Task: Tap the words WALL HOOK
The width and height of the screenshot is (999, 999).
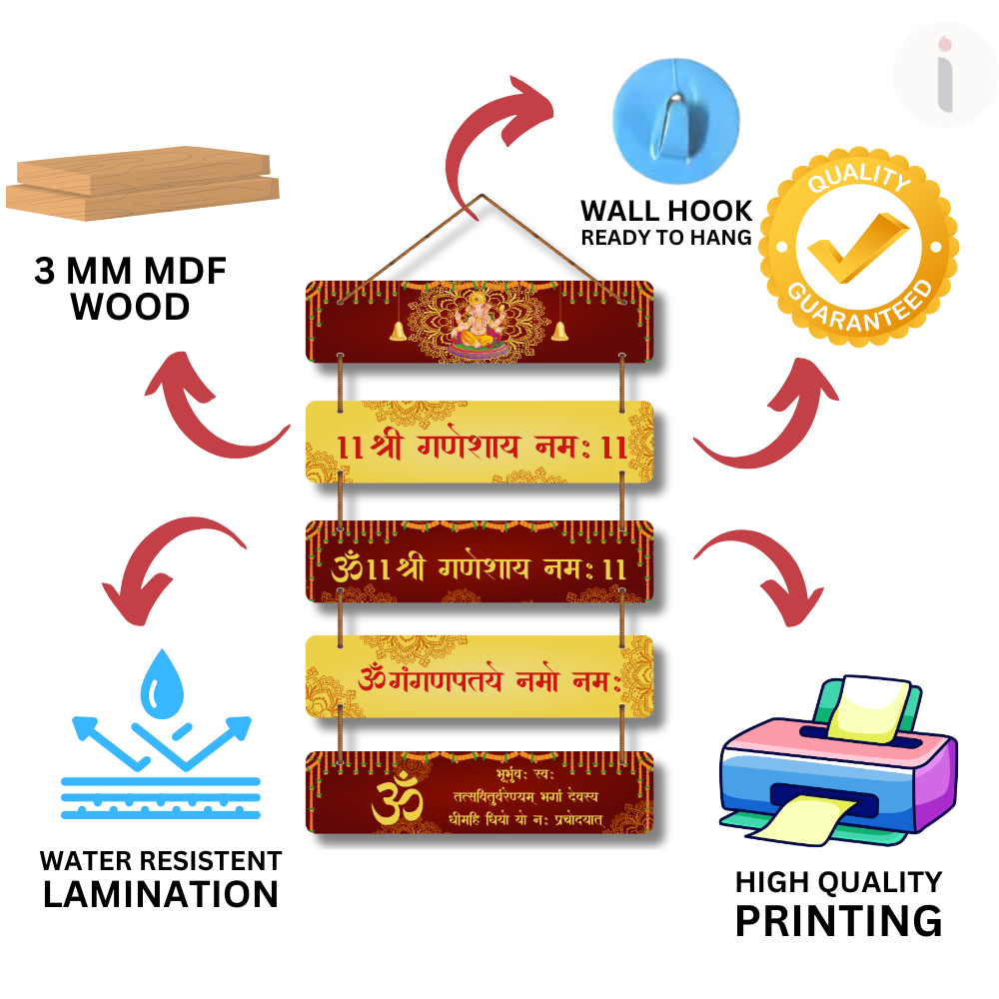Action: (666, 211)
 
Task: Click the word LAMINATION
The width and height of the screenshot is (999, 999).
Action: (160, 893)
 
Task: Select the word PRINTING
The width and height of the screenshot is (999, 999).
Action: (838, 919)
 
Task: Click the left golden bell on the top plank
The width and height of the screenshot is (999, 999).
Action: (397, 331)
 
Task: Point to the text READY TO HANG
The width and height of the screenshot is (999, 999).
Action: (666, 238)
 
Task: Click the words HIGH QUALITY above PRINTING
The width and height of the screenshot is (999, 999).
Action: (838, 882)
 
